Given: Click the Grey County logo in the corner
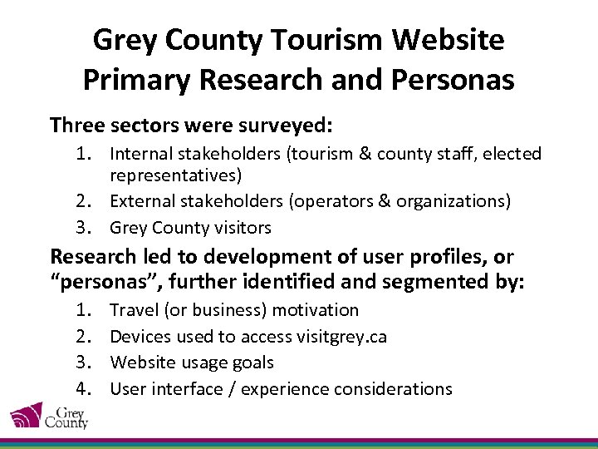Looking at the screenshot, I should click(49, 414).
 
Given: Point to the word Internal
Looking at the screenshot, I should click(142, 154).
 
